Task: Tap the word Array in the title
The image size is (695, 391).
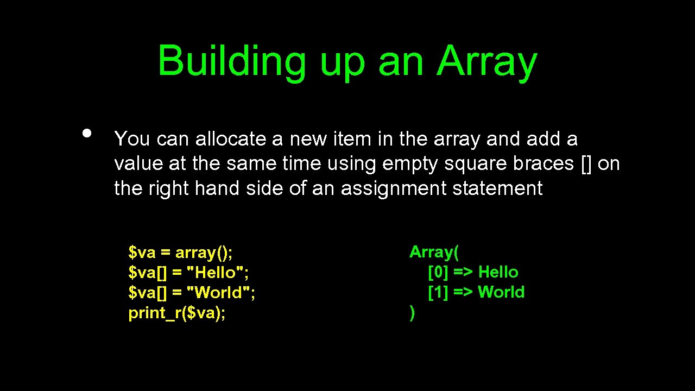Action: point(486,61)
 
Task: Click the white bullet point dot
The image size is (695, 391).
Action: point(86,133)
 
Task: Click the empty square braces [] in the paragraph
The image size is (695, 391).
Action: point(586,163)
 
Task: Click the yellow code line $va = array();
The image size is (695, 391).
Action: point(180,253)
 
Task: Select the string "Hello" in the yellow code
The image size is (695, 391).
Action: point(217,273)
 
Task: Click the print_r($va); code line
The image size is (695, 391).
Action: point(177,313)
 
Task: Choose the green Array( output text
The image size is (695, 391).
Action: point(434,252)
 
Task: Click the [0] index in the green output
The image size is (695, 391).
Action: point(438,272)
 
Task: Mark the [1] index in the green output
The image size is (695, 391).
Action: point(438,292)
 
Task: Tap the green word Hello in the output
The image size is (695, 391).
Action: point(498,272)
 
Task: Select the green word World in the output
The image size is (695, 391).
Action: point(501,292)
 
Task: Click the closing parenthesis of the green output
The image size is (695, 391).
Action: point(412,313)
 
